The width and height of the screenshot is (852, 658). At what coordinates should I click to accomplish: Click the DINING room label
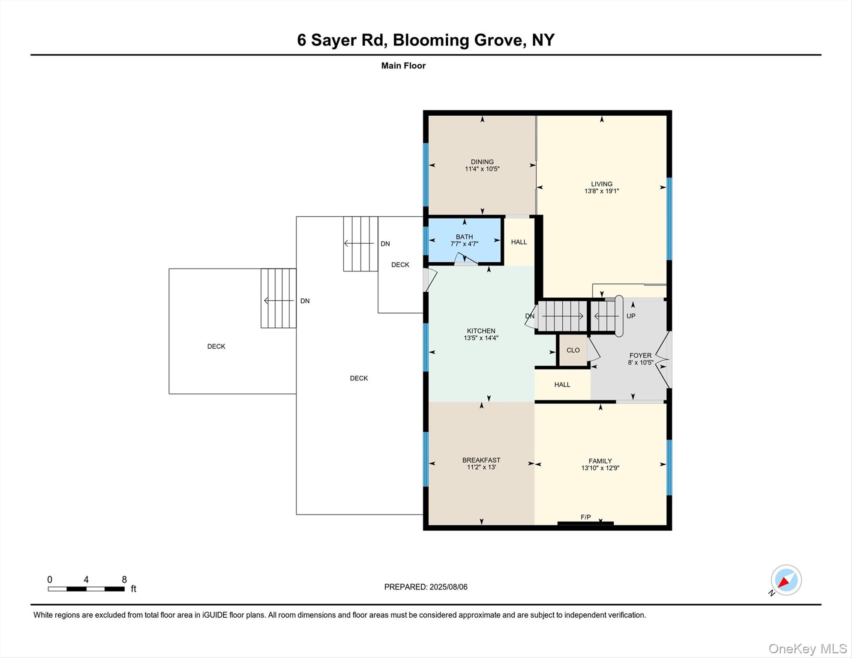(482, 162)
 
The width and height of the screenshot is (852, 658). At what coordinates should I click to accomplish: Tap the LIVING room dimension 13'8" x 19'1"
(601, 191)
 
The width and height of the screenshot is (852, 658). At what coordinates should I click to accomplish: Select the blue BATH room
(465, 240)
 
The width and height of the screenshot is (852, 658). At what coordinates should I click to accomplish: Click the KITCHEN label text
(481, 331)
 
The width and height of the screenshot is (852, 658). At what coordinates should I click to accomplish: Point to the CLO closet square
(573, 350)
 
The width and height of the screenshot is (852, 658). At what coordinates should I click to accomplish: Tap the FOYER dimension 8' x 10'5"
(640, 362)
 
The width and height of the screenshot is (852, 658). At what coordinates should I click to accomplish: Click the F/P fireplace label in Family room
(585, 517)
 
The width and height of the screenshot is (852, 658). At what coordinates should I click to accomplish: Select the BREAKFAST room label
(481, 460)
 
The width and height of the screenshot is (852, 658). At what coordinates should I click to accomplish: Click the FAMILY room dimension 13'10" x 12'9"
(600, 468)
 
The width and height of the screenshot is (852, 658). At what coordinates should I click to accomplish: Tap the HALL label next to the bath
(519, 242)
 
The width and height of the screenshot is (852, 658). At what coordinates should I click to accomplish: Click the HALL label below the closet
(562, 385)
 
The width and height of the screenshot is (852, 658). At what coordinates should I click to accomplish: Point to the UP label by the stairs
(630, 316)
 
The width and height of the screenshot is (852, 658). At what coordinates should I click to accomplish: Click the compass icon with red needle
(786, 580)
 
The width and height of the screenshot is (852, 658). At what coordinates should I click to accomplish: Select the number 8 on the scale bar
(124, 580)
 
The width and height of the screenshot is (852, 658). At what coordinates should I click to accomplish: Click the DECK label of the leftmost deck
(216, 346)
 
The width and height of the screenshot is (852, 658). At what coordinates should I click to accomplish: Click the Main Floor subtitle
(403, 66)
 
